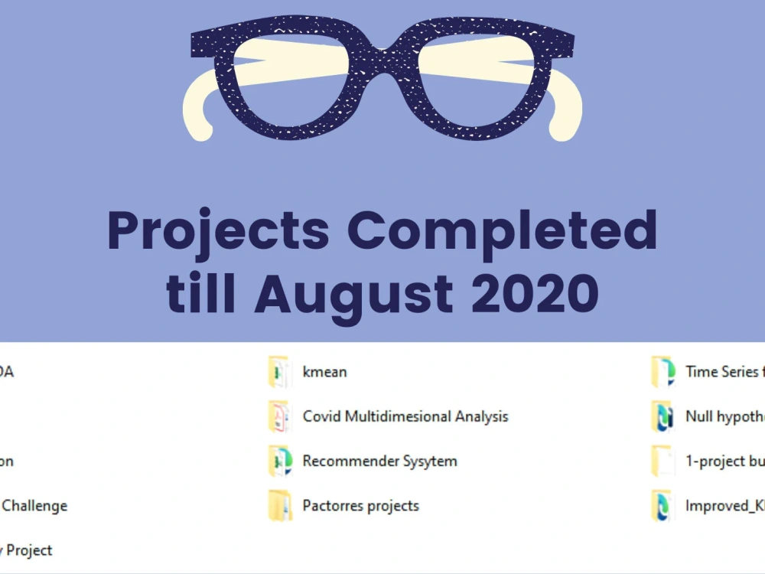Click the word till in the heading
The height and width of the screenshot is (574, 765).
coord(203,292)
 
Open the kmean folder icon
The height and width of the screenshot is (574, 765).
coord(279,372)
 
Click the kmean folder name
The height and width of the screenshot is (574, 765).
coord(324,372)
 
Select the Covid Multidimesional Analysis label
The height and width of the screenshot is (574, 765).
coord(405,416)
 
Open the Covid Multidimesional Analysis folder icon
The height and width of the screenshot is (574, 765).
coord(279,416)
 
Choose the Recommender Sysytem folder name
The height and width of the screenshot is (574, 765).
coord(379,461)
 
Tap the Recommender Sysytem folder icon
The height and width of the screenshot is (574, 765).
coord(279,461)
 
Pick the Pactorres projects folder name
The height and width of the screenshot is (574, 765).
coord(360,505)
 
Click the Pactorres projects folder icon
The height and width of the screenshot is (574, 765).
coord(279,505)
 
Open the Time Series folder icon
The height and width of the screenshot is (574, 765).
coord(662,372)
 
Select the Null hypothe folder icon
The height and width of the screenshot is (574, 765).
coord(662,416)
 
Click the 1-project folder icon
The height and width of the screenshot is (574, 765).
coord(662,461)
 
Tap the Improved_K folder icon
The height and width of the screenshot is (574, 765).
coord(662,505)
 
